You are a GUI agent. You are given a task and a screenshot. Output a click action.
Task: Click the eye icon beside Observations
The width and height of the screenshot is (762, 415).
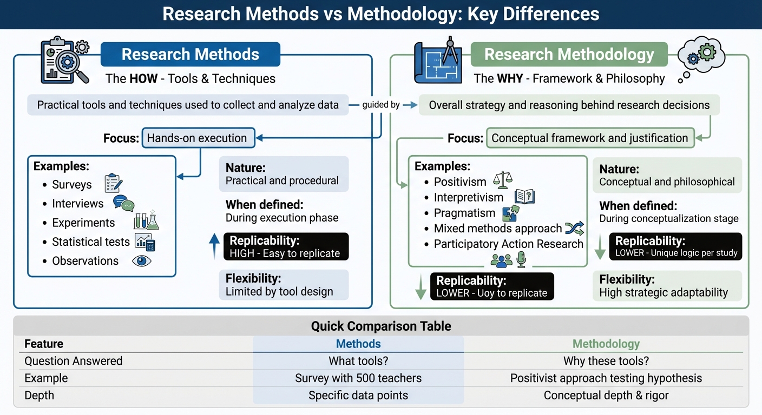tap(142, 261)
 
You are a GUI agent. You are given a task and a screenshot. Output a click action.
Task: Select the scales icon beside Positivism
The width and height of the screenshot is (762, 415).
tap(503, 179)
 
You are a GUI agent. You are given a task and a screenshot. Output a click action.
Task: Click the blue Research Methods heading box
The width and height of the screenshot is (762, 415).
tap(190, 55)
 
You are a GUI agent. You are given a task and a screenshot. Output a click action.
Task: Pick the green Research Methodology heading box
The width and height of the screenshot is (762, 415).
tap(569, 55)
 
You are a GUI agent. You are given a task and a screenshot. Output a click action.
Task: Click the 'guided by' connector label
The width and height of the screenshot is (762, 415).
tap(381, 105)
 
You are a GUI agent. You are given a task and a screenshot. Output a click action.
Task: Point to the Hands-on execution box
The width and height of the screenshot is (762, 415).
tap(197, 138)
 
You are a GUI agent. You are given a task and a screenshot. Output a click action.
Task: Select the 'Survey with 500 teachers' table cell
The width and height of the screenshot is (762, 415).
tap(358, 378)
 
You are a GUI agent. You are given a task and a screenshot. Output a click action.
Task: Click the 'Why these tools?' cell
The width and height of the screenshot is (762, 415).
tap(606, 361)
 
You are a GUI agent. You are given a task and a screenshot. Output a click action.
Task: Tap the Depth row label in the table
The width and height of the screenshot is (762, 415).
tap(40, 396)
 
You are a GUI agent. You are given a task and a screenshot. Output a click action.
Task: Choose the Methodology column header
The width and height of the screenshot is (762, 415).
tap(606, 344)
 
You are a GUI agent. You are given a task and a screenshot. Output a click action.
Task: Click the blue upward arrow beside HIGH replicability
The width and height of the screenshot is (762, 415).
tap(214, 246)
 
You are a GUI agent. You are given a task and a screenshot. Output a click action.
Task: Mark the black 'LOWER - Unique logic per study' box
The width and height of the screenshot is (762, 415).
tap(675, 247)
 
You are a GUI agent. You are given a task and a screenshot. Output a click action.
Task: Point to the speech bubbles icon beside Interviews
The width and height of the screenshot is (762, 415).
tap(123, 203)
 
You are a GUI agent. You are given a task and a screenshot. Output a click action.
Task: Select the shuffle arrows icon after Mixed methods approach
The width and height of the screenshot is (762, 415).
tap(574, 229)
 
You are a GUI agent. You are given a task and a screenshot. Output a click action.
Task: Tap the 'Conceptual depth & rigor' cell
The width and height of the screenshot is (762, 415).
tap(606, 396)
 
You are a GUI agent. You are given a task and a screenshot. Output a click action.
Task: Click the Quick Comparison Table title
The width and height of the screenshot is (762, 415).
tap(380, 326)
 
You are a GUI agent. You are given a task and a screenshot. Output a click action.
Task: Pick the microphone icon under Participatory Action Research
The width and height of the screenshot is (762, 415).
tap(521, 260)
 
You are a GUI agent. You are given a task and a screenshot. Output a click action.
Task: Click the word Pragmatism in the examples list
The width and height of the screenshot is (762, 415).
tap(464, 213)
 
